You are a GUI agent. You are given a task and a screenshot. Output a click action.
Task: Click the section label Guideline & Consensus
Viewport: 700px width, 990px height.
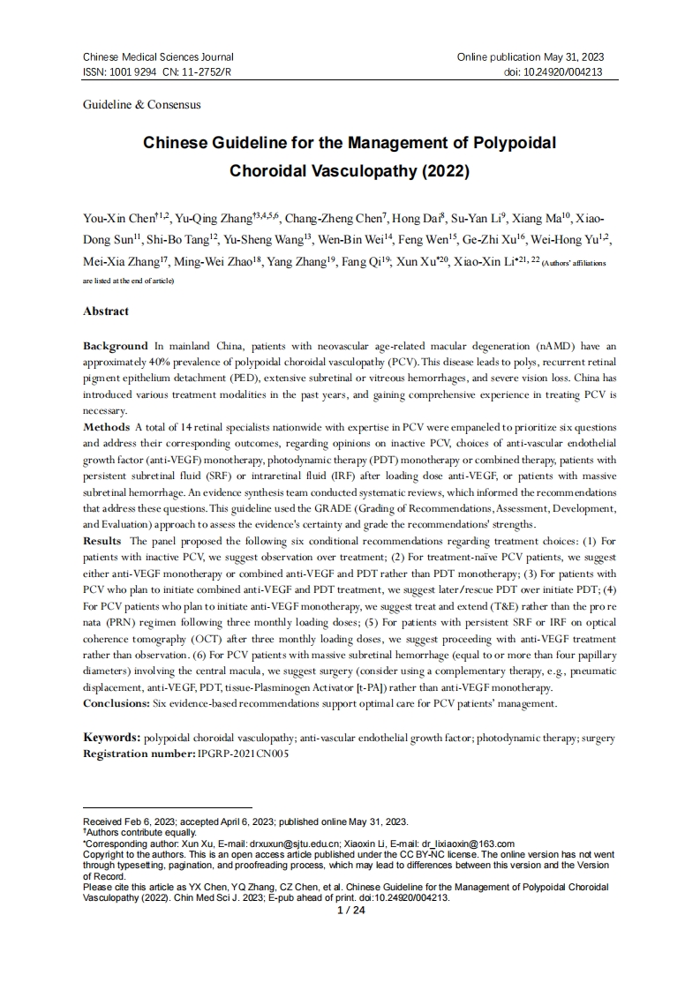pyautogui.click(x=141, y=104)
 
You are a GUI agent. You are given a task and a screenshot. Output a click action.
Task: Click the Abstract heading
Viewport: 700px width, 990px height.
pyautogui.click(x=106, y=311)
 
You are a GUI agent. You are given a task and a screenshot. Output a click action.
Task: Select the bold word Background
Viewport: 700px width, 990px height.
pyautogui.click(x=116, y=346)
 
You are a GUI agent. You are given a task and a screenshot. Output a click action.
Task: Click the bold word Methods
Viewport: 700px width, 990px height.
pyautogui.click(x=106, y=427)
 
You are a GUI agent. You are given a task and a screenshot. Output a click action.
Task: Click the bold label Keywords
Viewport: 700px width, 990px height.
pyautogui.click(x=112, y=736)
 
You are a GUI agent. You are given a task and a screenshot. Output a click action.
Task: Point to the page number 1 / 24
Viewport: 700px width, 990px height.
pyautogui.click(x=351, y=910)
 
